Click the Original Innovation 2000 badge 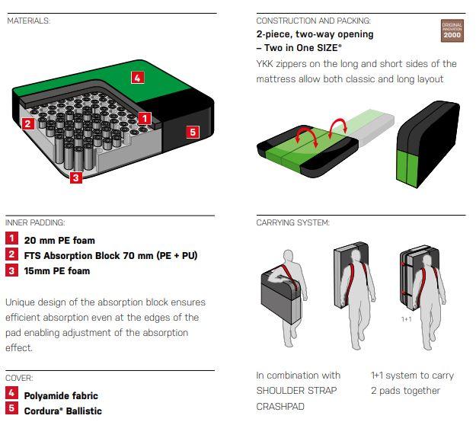(x=452, y=30)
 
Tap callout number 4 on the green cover (x=138, y=78)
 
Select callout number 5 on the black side (x=193, y=132)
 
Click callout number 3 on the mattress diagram (x=76, y=177)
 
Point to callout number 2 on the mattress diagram (x=28, y=123)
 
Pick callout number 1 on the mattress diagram (x=145, y=118)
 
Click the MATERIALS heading (x=28, y=21)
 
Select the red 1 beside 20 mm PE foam (x=11, y=238)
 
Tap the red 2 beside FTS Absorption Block (x=11, y=254)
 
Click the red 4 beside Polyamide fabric (x=11, y=393)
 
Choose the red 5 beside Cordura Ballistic (x=11, y=408)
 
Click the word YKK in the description (x=264, y=64)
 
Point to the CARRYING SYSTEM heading (x=292, y=222)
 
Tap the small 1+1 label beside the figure (x=407, y=319)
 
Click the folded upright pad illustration (x=428, y=145)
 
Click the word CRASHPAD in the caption (x=280, y=407)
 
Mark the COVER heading (x=19, y=378)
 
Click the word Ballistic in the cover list (x=84, y=411)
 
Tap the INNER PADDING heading (x=35, y=222)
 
